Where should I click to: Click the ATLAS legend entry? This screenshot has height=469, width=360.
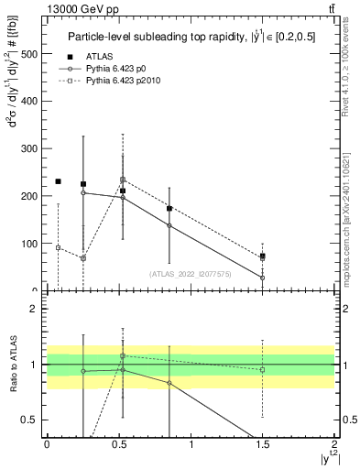[97, 57]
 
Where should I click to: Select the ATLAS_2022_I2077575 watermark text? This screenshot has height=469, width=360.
[190, 274]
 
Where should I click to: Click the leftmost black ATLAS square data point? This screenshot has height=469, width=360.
[58, 181]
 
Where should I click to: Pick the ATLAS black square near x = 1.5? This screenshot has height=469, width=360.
[262, 256]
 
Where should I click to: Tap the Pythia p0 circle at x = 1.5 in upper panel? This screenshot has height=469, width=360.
[262, 278]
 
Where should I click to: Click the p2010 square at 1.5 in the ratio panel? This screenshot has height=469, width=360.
[262, 370]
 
